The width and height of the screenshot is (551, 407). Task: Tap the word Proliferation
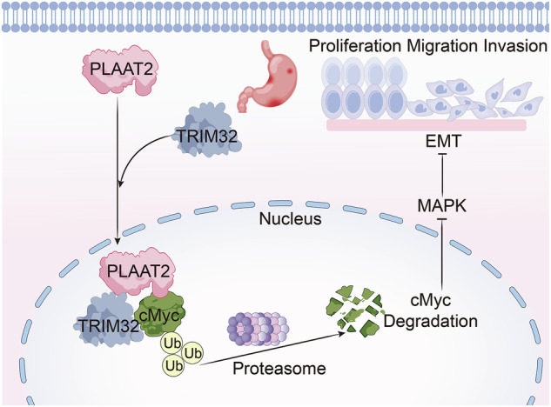point(355,46)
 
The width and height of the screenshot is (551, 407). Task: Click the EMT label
point(443,141)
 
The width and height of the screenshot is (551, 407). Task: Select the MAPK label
point(442,205)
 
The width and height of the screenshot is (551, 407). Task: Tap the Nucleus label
point(290,219)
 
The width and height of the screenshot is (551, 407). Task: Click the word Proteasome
point(279,369)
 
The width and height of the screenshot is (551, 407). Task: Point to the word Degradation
point(431,321)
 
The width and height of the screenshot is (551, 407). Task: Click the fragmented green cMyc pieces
point(355,309)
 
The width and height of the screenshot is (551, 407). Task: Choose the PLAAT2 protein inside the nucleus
point(138,271)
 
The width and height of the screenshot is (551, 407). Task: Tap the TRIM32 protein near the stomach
point(207,130)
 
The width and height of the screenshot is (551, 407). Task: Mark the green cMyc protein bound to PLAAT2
point(162,314)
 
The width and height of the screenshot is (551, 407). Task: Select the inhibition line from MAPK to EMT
point(443,175)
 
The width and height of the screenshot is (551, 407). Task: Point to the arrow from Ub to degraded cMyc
point(272,349)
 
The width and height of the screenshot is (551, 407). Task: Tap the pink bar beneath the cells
point(427,125)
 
